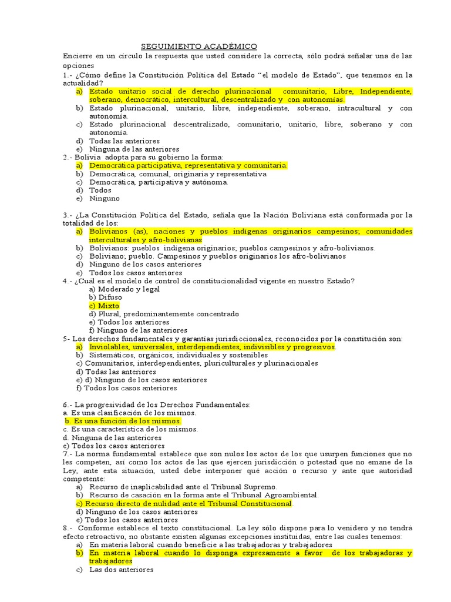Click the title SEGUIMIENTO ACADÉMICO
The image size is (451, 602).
click(x=199, y=46)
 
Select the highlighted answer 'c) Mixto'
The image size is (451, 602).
click(x=104, y=306)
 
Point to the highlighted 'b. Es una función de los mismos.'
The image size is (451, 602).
click(x=123, y=422)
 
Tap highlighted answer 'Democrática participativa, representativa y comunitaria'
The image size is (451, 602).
click(x=188, y=166)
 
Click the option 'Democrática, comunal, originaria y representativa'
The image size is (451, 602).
click(x=178, y=174)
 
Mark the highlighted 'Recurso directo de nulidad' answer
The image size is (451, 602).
click(x=184, y=504)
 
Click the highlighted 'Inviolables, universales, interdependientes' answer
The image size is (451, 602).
click(x=212, y=347)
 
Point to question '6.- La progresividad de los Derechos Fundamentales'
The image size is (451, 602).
click(x=156, y=405)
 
